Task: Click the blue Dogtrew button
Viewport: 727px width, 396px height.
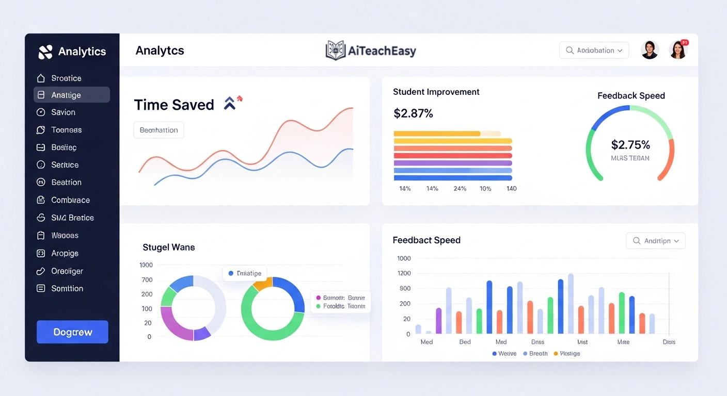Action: [x=72, y=332]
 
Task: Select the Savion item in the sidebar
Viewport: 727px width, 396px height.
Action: [x=63, y=112]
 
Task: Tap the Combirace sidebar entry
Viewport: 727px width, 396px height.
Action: [x=70, y=200]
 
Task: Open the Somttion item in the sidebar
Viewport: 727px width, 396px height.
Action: [x=67, y=289]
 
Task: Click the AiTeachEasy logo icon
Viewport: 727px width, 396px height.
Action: [x=336, y=51]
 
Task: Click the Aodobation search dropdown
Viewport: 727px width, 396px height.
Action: [x=594, y=51]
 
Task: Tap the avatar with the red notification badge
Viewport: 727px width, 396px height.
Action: [x=678, y=50]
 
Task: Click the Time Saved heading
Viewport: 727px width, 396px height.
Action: [x=174, y=105]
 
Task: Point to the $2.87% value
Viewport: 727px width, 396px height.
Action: [x=413, y=113]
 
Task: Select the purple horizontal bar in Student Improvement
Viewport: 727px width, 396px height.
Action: [x=452, y=163]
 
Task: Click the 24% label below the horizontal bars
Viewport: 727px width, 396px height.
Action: [x=460, y=189]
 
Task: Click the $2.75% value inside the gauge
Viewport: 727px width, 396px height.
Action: [x=630, y=145]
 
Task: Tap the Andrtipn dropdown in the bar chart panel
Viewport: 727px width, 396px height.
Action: [x=655, y=241]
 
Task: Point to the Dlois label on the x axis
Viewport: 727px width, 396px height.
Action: [x=669, y=342]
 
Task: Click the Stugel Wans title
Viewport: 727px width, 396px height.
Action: [x=168, y=247]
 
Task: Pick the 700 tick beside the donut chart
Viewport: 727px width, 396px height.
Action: [x=147, y=280]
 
